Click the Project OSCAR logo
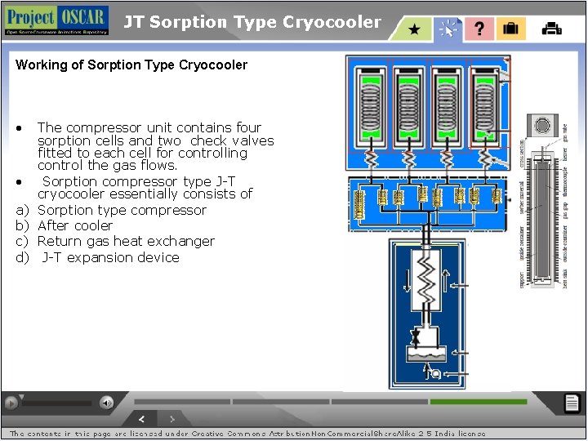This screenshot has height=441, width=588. pos(56,20)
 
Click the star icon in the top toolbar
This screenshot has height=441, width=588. pos(414,29)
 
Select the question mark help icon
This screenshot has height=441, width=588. pos(479,29)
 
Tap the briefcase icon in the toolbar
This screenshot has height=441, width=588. pos(510,29)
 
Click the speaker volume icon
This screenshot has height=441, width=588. pos(106,402)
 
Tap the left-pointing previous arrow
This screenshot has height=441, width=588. pos(141,418)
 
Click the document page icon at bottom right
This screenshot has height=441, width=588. pos(572,403)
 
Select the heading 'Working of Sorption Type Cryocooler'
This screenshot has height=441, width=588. pos(131,65)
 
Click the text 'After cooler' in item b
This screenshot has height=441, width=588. pos(75,225)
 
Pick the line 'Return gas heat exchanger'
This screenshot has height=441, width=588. pos(126,241)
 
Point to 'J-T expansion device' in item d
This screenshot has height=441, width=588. pos(110,257)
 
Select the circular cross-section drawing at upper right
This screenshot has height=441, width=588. pos(541,125)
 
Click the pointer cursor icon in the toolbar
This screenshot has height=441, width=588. pos(447,29)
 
